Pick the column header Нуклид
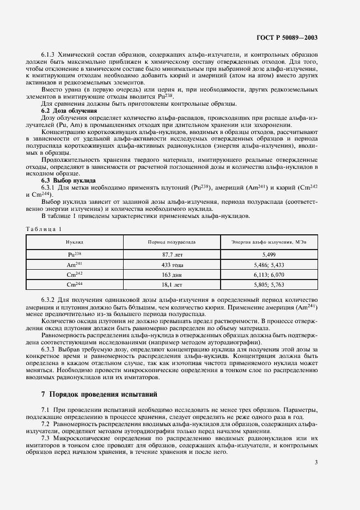[x=75, y=241]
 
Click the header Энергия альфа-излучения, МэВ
[x=265, y=241]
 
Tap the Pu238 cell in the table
[x=75, y=254]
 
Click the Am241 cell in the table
[x=75, y=264]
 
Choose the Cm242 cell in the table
[x=75, y=274]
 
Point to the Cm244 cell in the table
[x=75, y=284]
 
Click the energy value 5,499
[x=265, y=254]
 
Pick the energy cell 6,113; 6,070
[x=265, y=275]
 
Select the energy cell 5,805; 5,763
[x=265, y=284]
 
